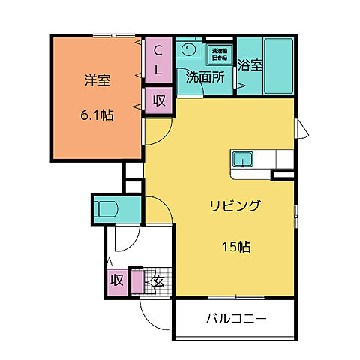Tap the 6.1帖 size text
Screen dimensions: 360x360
96,116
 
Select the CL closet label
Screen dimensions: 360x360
158,59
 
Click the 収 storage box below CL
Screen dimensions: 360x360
159,100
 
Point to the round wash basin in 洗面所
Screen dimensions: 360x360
187,49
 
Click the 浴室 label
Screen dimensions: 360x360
250,64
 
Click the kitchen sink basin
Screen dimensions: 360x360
244,158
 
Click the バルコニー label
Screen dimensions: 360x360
236,319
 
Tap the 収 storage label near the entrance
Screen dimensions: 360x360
117,280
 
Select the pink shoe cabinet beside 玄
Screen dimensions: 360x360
136,281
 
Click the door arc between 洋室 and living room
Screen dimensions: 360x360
154,135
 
